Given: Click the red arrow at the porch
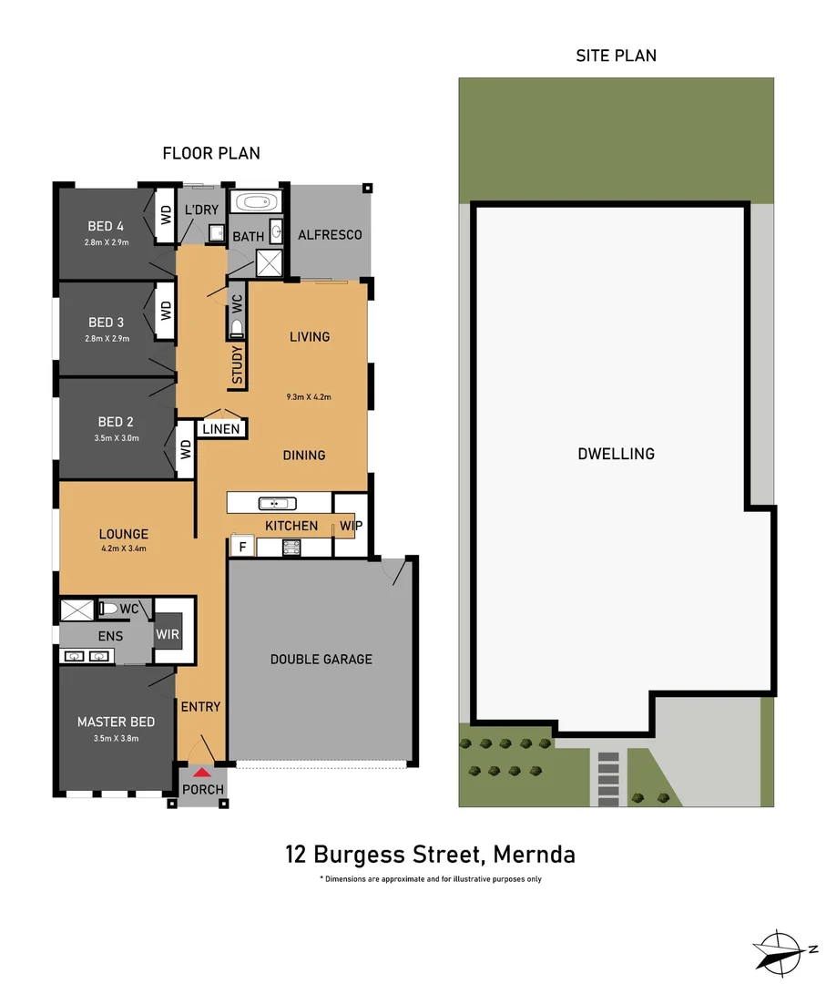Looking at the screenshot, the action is pos(201,773).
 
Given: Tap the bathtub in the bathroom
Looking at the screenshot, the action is pos(256,202).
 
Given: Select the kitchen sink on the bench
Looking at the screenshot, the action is pos(277,503).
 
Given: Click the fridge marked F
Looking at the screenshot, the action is pos(243,546).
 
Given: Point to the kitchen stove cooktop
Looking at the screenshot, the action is pos(291,548).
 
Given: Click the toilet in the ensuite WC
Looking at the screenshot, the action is pos(108,608).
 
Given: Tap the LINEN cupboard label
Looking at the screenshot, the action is pos(221,429).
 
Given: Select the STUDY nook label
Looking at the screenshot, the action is pos(237,364).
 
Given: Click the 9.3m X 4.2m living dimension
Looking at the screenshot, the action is pos(309,397).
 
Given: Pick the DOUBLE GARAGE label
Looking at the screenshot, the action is pos(321,660).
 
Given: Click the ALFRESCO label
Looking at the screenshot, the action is pos(330,235).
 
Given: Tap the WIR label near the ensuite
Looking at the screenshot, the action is pos(168,634).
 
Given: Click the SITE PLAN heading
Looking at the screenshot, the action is pos(616,56).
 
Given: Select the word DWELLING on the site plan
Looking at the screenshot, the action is pos(616,454).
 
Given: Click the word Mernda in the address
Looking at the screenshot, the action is pos(534,855).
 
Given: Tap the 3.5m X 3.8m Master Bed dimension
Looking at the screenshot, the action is pos(116,739).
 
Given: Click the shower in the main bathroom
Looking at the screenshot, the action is pos(269,263).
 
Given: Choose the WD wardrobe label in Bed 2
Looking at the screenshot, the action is pos(186,449).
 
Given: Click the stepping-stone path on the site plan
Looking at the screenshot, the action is pos(608,778).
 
